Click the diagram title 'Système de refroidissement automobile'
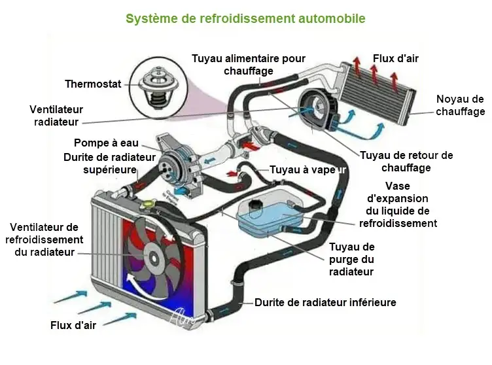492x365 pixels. (245, 18)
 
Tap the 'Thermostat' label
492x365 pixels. (93, 84)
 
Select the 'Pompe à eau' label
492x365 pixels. (106, 143)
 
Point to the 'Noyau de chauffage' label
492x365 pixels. (461, 105)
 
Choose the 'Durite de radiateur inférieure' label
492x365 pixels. (325, 303)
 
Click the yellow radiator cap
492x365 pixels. (150, 204)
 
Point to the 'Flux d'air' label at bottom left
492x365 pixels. (73, 325)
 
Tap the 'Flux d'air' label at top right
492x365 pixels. (395, 59)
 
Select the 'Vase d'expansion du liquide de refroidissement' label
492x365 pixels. (397, 205)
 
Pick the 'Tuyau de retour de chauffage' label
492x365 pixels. (406, 162)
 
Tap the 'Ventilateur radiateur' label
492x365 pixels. (54, 115)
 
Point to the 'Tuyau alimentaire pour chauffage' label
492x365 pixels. (248, 64)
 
